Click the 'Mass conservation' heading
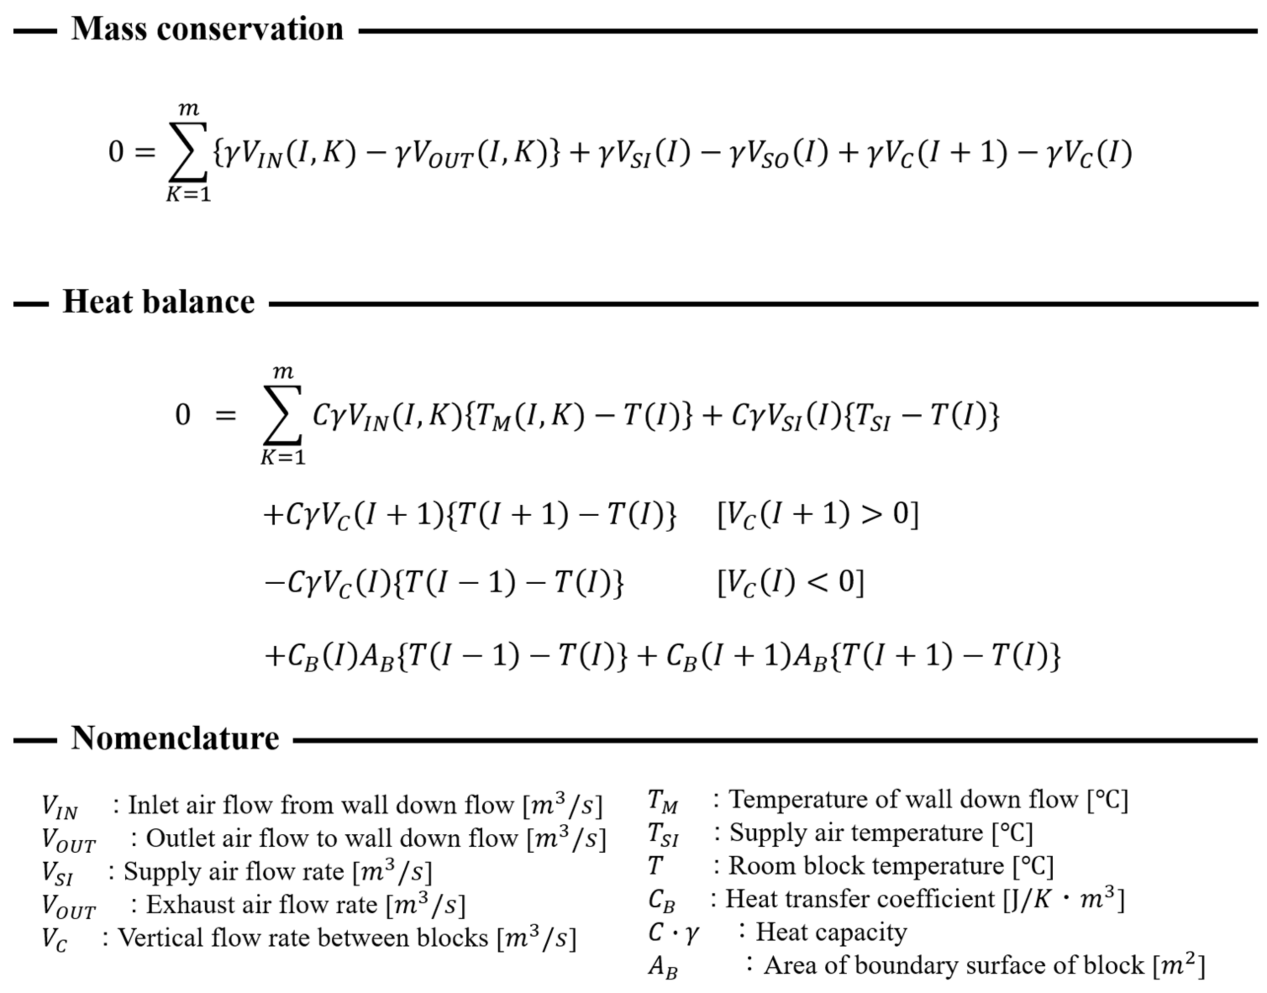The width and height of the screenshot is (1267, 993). point(207,29)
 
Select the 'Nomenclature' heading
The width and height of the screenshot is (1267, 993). point(175,738)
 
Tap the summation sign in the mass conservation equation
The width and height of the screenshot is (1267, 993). point(188,152)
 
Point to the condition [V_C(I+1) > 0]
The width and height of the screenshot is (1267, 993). point(818,515)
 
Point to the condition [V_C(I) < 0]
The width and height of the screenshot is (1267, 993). point(791,583)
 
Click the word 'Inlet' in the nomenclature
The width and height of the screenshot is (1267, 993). point(150,805)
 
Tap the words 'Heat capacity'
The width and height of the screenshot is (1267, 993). point(831,932)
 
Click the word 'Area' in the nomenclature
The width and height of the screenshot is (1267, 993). point(787,965)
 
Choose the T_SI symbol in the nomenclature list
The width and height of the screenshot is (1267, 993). point(663,834)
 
